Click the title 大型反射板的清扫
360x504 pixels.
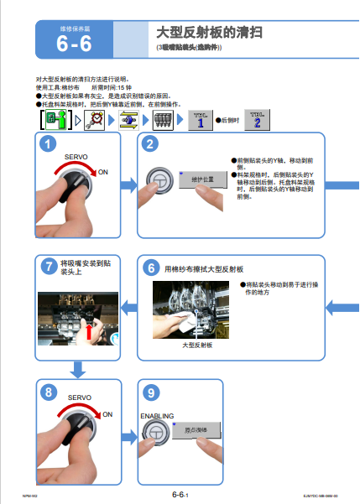211,33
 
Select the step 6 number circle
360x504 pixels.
151,268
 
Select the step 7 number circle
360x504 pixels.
49,268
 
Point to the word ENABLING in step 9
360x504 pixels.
157,415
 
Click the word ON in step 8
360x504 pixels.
107,413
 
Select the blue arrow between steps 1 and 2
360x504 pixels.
127,180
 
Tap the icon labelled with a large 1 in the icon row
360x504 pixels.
199,120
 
